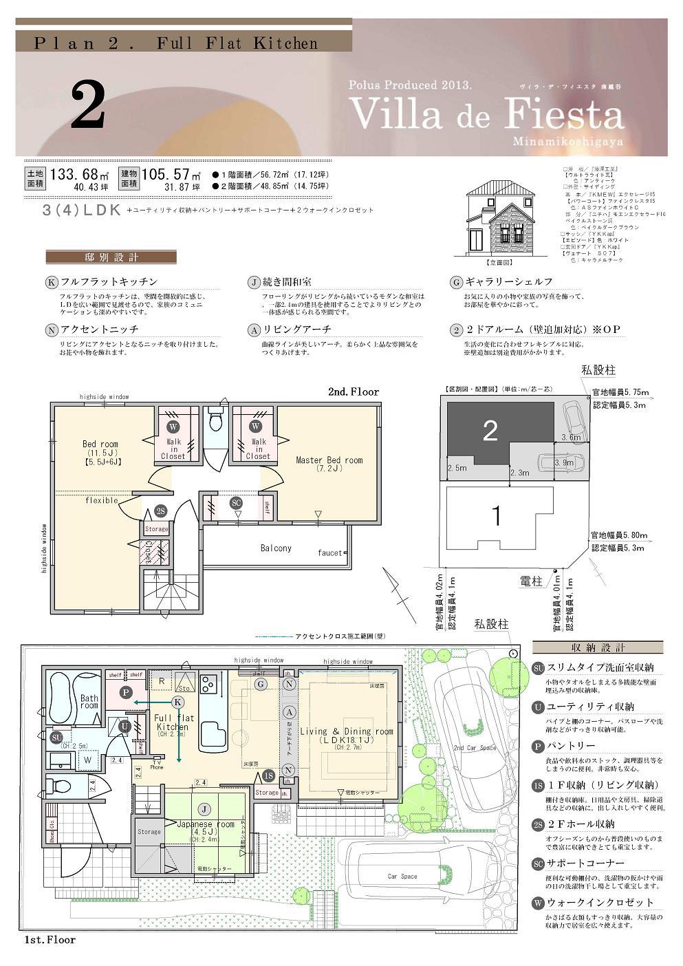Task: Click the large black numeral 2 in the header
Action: point(87,105)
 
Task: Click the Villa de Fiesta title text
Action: point(486,114)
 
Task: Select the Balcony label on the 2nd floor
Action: point(276,548)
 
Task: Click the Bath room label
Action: point(89,702)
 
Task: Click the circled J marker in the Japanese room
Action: point(204,808)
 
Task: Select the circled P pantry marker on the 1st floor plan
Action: point(125,693)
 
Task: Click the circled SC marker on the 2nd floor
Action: point(237,503)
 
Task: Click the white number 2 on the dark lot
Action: point(490,431)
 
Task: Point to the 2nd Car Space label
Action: point(475,748)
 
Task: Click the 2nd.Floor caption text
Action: point(353,391)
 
